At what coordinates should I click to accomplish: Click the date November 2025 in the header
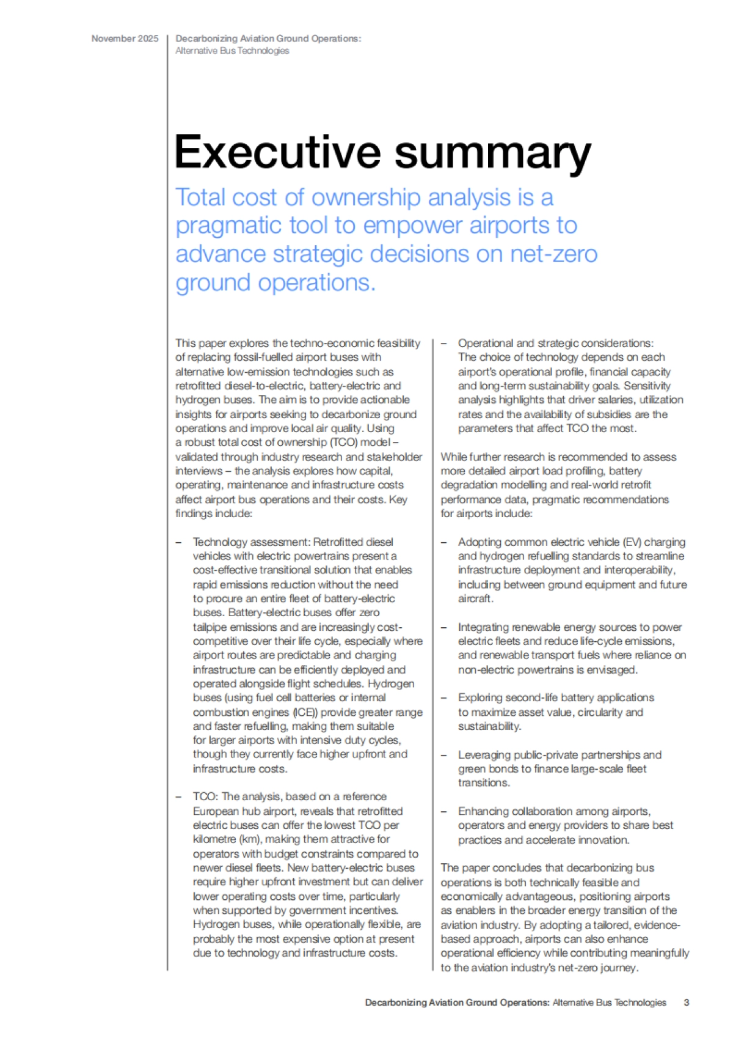125,39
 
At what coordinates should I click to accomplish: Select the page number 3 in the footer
687,1003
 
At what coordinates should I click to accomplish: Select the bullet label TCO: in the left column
206,797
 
